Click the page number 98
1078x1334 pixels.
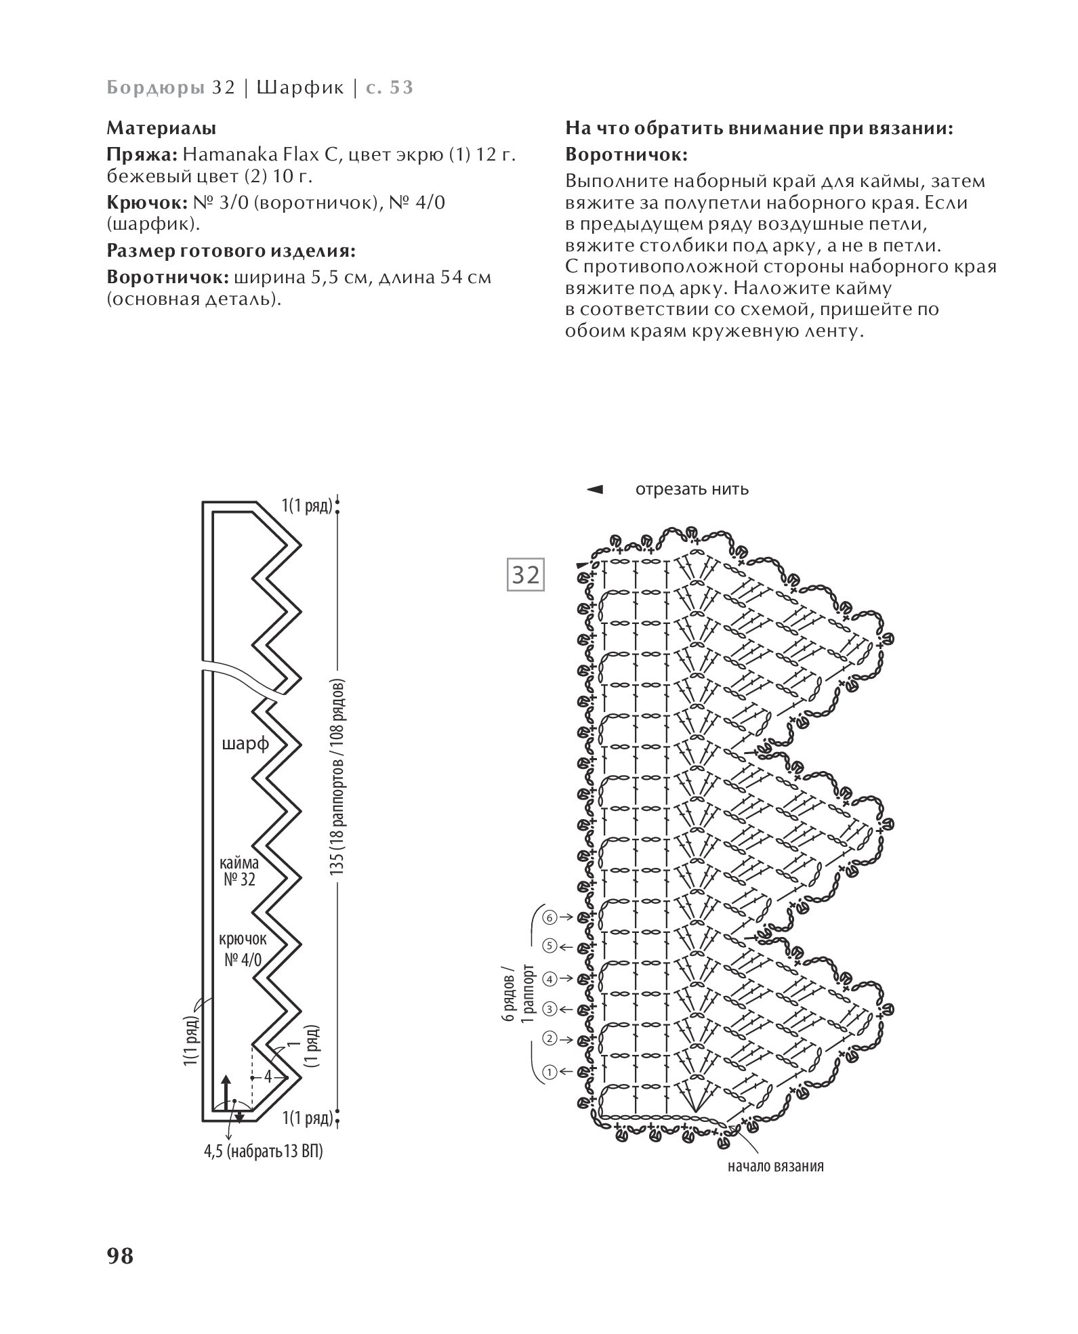click(120, 1255)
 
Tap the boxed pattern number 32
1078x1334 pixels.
click(526, 575)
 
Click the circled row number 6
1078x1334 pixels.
click(549, 917)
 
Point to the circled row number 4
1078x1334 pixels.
click(549, 978)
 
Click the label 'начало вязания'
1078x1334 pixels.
click(776, 1166)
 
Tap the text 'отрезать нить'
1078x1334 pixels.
click(692, 489)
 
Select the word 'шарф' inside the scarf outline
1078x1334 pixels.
click(245, 745)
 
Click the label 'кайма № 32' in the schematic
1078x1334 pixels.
click(239, 871)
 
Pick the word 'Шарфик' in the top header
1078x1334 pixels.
click(301, 87)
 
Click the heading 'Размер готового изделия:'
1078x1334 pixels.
click(231, 251)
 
